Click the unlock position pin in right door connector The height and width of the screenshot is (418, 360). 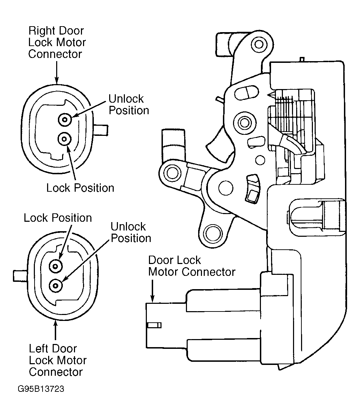[65, 119]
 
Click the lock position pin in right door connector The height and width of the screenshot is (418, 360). [64, 139]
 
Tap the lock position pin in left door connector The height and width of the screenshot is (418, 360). [56, 266]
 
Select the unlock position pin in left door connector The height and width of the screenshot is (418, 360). [56, 286]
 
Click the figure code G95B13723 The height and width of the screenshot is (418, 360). [41, 389]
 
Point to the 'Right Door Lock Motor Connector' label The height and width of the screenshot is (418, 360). [57, 42]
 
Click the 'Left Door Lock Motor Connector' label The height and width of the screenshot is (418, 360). [58, 360]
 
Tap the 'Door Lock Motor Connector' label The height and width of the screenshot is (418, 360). [192, 266]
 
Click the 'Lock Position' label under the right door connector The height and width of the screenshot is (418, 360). [80, 188]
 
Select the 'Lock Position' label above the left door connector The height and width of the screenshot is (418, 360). [58, 218]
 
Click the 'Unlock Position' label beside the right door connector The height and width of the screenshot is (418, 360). [129, 104]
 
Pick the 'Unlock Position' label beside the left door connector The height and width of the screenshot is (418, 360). [131, 232]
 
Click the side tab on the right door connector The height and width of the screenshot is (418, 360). [101, 130]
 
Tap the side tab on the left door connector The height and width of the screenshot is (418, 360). [20, 276]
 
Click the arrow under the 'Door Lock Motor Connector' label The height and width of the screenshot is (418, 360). [152, 291]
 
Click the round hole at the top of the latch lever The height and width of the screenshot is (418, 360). [259, 44]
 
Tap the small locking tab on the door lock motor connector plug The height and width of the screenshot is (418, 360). [154, 325]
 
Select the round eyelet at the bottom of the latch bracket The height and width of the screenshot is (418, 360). [213, 234]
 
